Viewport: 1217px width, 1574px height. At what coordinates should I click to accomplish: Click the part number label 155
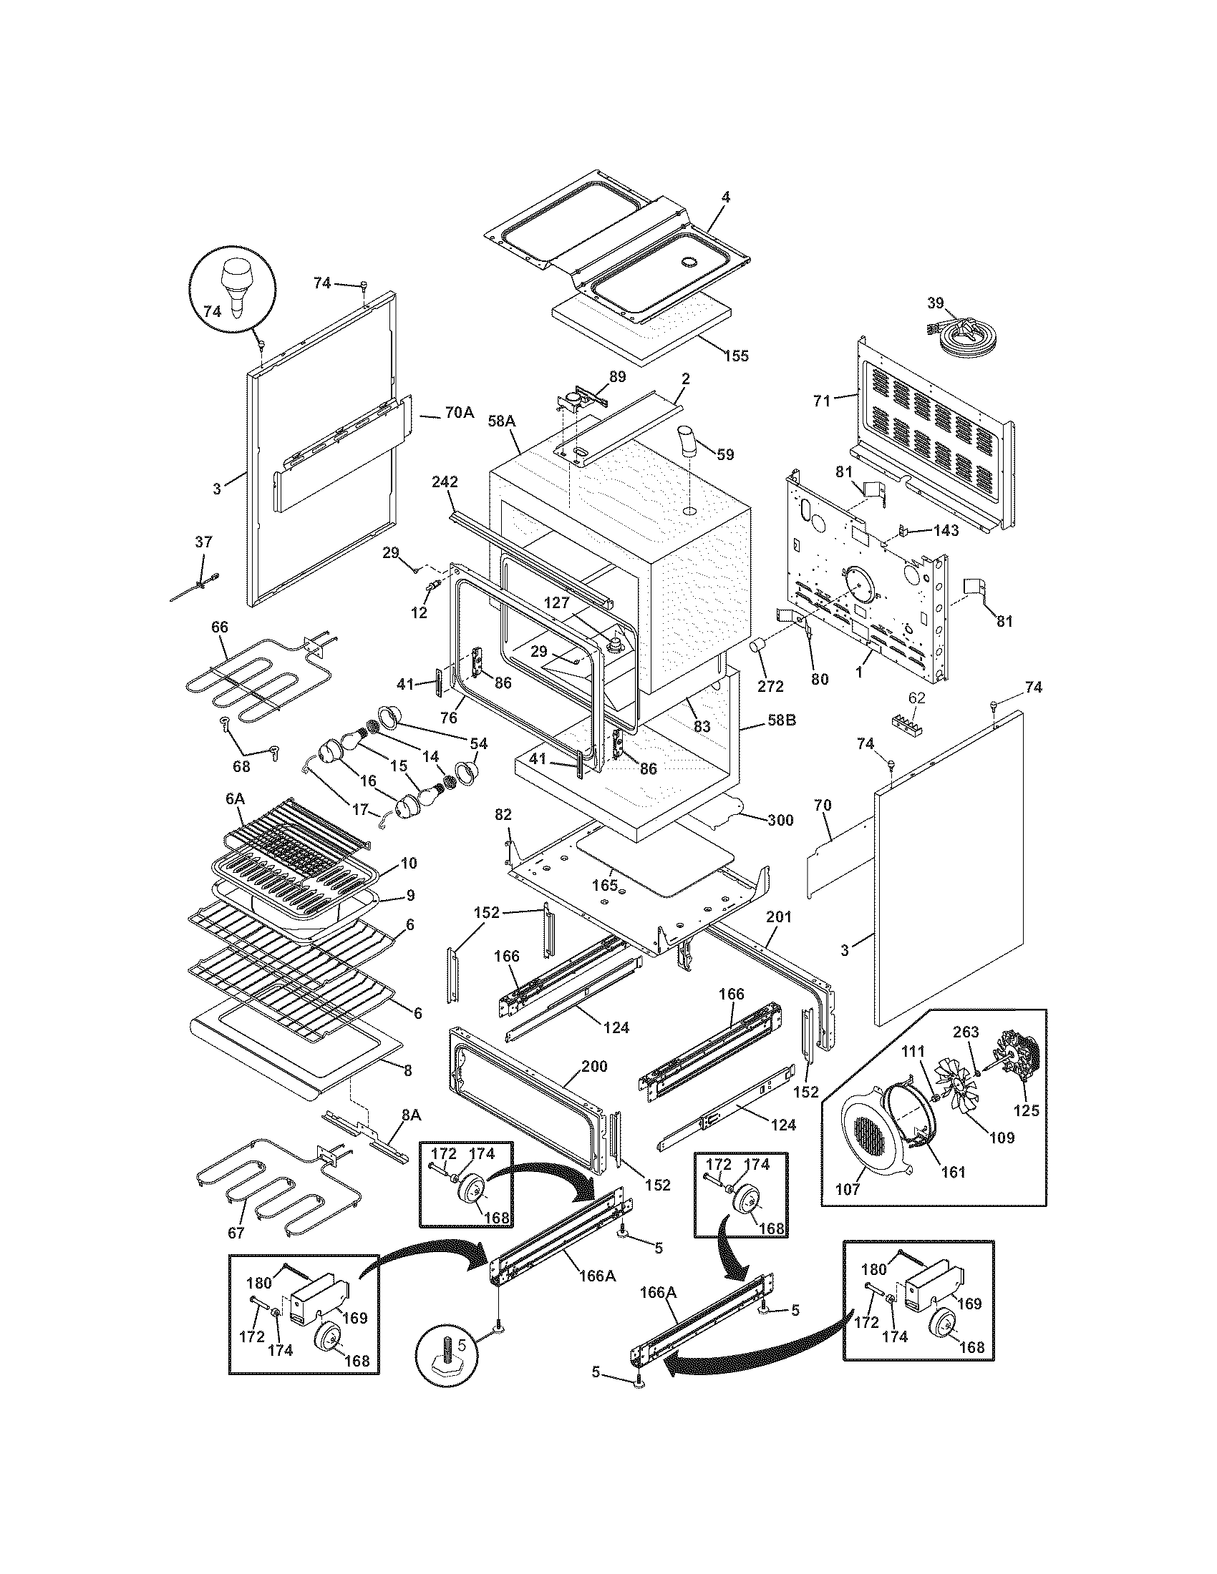tap(737, 356)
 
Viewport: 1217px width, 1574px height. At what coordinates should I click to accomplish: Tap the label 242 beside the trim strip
tap(445, 482)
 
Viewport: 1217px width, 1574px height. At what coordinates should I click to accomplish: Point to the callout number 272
tap(770, 686)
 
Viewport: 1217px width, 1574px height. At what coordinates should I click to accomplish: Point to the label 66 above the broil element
tap(219, 627)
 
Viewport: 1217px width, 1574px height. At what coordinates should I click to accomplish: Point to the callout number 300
tap(780, 819)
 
